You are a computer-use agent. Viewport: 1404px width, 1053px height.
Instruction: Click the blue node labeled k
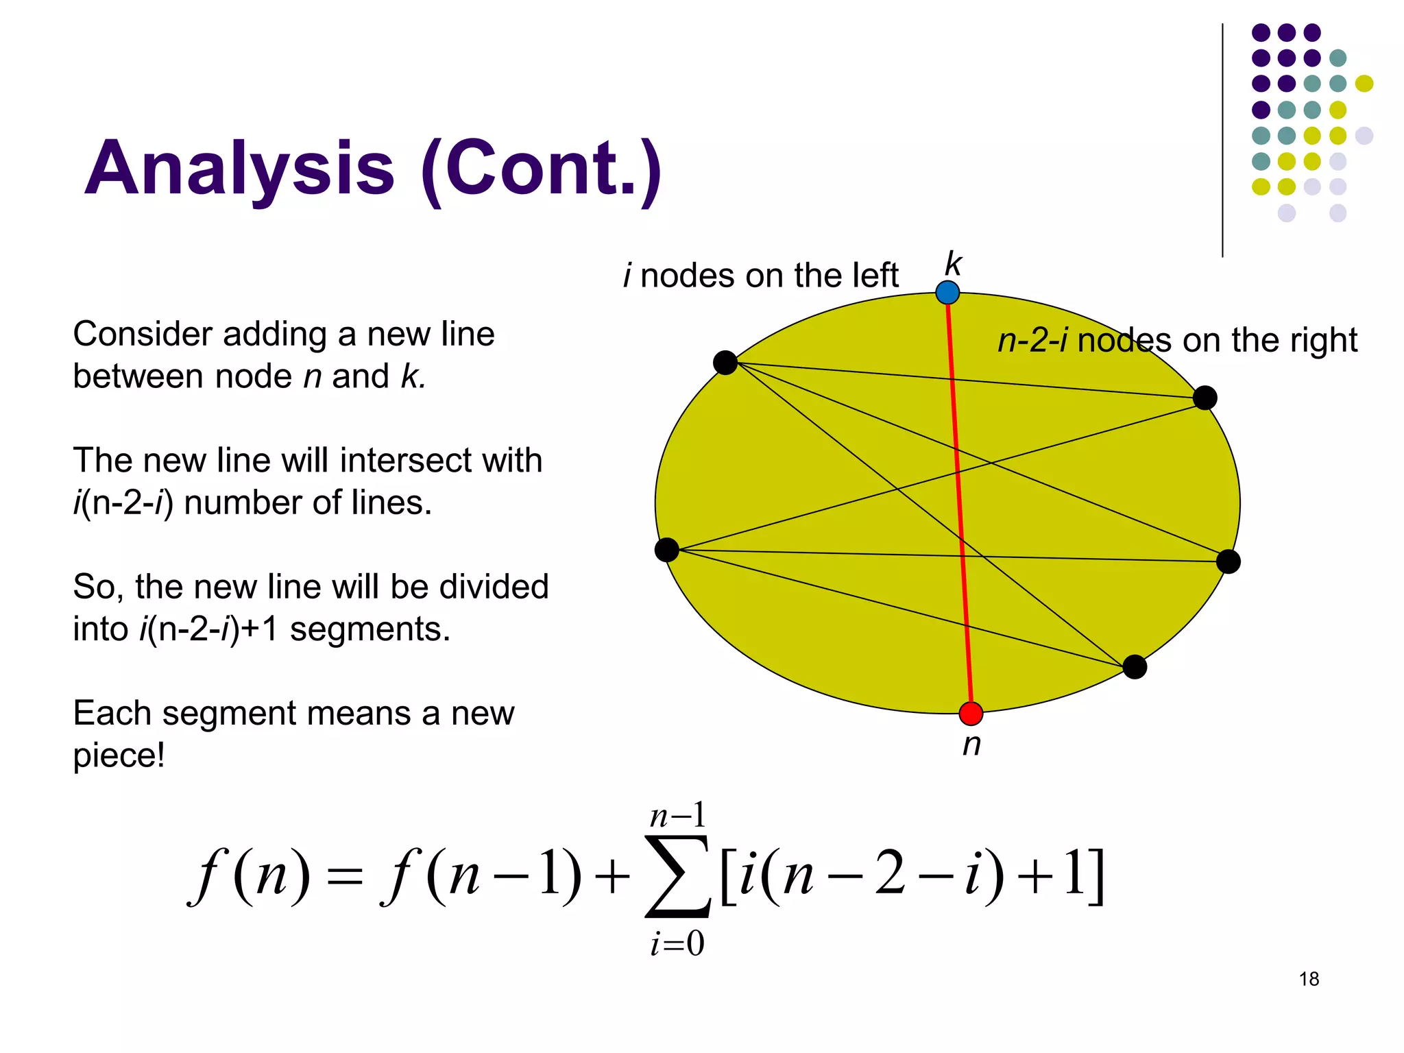tap(947, 293)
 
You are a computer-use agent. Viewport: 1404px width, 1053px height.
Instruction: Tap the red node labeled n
tap(971, 714)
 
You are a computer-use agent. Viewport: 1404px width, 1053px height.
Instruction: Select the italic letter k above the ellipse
tap(953, 264)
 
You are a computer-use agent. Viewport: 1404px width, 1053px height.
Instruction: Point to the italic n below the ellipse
tap(971, 745)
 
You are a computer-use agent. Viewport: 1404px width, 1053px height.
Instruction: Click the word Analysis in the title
tap(239, 169)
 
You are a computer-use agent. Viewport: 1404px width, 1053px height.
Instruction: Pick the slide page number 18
tap(1309, 979)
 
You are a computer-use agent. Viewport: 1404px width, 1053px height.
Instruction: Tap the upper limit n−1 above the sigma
tap(677, 816)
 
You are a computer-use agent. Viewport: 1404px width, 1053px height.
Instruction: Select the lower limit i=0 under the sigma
tap(677, 944)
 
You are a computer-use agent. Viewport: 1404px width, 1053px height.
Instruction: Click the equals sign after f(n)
tap(344, 878)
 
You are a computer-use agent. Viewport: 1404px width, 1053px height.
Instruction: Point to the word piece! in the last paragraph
tap(119, 755)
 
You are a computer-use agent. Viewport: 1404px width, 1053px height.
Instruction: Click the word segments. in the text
tap(370, 629)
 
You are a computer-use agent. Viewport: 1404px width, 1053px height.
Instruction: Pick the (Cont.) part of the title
tap(542, 169)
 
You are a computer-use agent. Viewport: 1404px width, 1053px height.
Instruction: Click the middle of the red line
tap(959, 503)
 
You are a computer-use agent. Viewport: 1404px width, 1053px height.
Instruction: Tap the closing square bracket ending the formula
tap(1096, 877)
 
